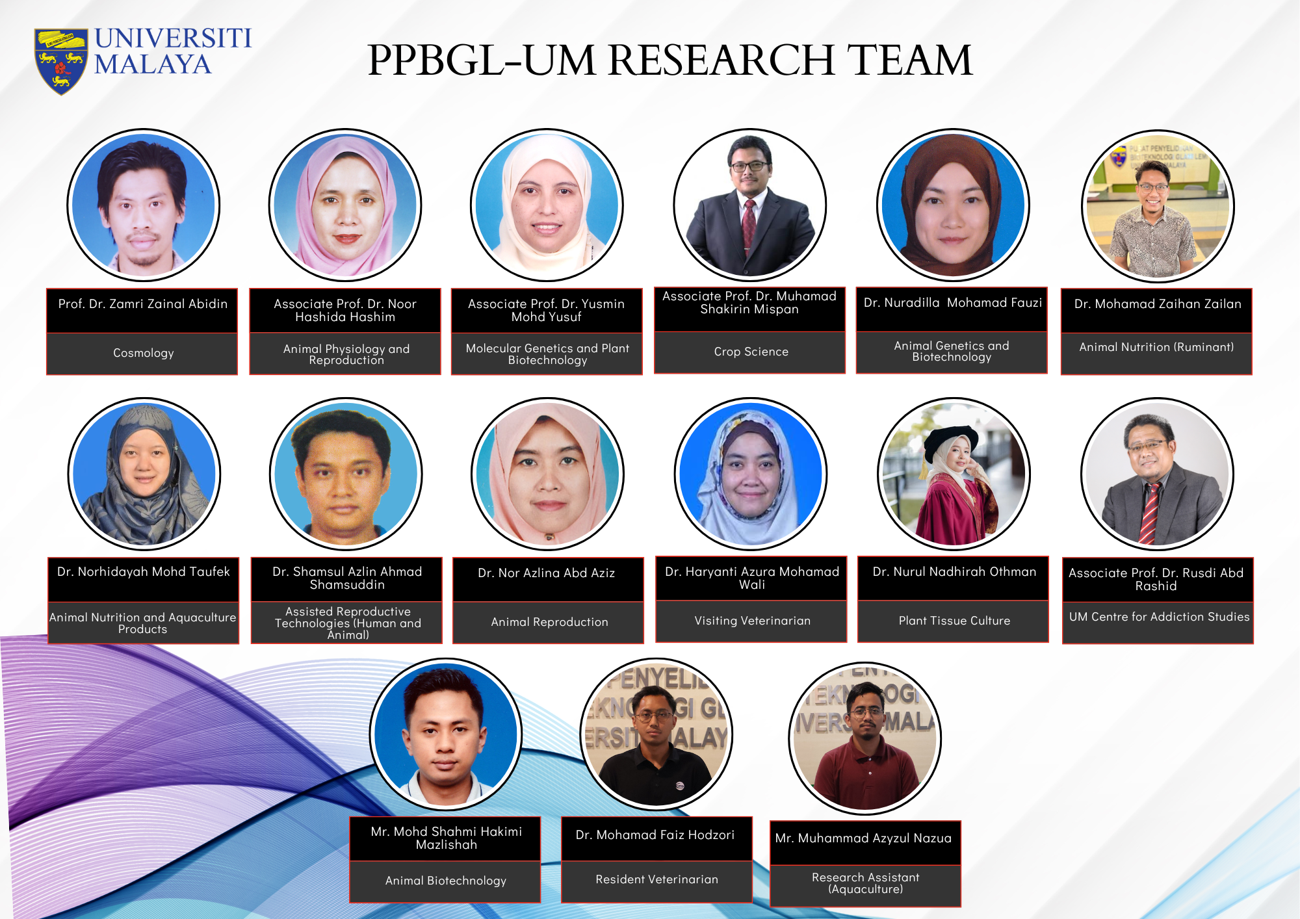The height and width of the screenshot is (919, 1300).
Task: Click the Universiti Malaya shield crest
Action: tap(61, 61)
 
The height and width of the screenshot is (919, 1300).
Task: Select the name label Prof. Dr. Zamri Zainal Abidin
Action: tap(143, 304)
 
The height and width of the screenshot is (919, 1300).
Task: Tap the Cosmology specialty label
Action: tap(143, 353)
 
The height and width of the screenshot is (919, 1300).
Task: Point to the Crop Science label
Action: tap(751, 352)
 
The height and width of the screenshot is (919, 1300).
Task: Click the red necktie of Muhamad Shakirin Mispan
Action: tap(749, 224)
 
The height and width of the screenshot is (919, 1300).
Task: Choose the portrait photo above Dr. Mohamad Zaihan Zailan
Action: tap(1158, 205)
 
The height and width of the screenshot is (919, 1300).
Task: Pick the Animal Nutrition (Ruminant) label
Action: tap(1156, 347)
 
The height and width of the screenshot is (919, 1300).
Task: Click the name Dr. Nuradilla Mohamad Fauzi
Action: tap(952, 302)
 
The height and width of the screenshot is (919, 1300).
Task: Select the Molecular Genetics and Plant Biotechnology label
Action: tap(547, 354)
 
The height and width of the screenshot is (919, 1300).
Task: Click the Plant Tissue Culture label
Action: tap(954, 621)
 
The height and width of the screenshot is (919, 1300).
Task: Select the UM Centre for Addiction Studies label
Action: tap(1159, 617)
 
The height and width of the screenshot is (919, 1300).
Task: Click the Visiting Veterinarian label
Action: tap(752, 621)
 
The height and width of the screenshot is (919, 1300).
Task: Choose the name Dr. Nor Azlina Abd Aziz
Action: tap(546, 573)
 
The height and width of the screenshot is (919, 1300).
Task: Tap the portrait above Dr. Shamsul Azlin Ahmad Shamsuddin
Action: tap(346, 474)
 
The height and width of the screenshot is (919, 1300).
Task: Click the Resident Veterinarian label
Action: tap(656, 879)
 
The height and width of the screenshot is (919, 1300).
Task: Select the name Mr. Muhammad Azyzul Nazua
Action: tap(863, 838)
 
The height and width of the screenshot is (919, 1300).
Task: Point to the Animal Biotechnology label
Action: tap(445, 881)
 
